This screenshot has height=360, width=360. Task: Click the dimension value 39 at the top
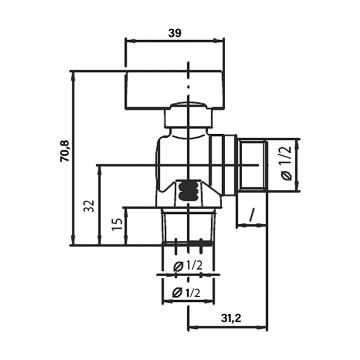pyautogui.click(x=175, y=33)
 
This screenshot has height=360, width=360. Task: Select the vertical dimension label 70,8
pyautogui.click(x=64, y=151)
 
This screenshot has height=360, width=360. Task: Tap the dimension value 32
pyautogui.click(x=90, y=206)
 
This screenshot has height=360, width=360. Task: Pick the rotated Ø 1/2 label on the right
pyautogui.click(x=286, y=163)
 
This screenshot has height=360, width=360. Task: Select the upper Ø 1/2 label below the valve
pyautogui.click(x=188, y=266)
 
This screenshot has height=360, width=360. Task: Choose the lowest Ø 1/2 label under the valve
pyautogui.click(x=186, y=293)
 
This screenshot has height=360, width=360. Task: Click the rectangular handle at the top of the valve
pyautogui.click(x=174, y=90)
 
